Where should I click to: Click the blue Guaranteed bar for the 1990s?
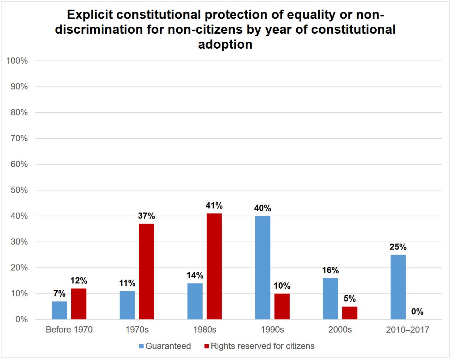tap(263, 267)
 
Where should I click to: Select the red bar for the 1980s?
tap(214, 266)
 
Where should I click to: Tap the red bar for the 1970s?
tap(146, 271)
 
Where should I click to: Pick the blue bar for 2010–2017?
tap(398, 287)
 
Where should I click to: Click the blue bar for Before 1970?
tap(59, 310)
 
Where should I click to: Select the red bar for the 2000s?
tap(350, 313)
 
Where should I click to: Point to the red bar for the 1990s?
tap(282, 306)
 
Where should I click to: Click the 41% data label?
tap(214, 206)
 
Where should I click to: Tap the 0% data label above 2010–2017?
tap(417, 312)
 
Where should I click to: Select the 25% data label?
tap(398, 247)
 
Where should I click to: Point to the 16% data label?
tap(330, 270)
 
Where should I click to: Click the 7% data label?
tap(59, 294)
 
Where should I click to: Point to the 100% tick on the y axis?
tap(17, 61)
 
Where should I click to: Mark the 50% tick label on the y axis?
tap(19, 190)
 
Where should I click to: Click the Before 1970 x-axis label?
tap(69, 330)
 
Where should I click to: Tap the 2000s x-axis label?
tap(340, 330)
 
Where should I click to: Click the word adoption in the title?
tap(225, 44)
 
